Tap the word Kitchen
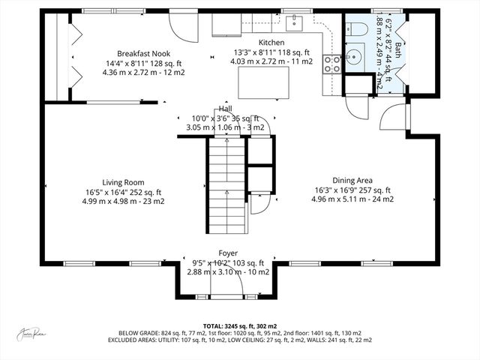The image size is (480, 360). (x=271, y=43)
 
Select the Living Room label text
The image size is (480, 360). (x=123, y=182)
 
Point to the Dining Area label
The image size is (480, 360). (x=352, y=180)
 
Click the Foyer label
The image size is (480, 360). (x=228, y=253)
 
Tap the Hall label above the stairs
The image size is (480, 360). (x=226, y=109)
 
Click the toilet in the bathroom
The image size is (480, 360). (x=357, y=29)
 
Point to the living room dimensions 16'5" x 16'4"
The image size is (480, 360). (x=123, y=191)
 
